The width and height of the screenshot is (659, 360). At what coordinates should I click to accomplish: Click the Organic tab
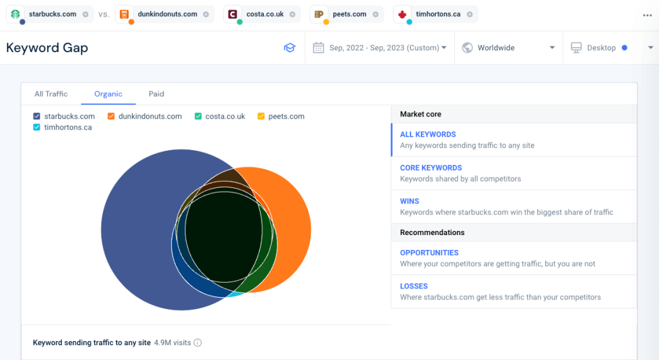coord(108,94)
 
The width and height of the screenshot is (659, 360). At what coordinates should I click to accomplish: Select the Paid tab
coord(156,94)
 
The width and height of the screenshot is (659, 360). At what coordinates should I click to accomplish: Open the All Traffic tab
coord(51,94)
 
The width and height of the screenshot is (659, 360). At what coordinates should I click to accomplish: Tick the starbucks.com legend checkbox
coord(37,117)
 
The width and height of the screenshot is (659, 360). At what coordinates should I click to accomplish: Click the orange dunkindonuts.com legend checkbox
coord(111,117)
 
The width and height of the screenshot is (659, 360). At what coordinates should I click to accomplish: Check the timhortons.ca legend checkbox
coord(37,128)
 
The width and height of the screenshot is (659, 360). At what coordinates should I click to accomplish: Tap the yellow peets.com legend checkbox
coord(261,117)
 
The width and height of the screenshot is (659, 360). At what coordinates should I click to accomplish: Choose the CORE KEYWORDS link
coord(431,168)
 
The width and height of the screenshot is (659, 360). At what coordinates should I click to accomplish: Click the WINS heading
coord(409,202)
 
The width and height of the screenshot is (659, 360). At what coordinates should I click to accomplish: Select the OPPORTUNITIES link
coord(429,253)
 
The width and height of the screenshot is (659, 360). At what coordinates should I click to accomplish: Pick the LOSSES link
coord(414,287)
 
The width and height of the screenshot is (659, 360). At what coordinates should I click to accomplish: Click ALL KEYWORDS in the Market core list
coord(428,135)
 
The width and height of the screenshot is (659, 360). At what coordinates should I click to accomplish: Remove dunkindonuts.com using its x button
coord(205,14)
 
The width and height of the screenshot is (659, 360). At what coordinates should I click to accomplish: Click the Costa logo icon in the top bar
coord(233,14)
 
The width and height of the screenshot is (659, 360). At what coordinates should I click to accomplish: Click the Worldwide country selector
coord(508,48)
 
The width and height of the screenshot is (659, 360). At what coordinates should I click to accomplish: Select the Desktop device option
coord(601,48)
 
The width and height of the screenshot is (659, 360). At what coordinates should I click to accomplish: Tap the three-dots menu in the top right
coord(647,15)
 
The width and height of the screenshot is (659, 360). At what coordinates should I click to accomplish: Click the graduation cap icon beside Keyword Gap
coord(290,48)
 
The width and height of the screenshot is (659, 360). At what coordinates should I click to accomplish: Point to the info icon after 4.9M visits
coord(198,343)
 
